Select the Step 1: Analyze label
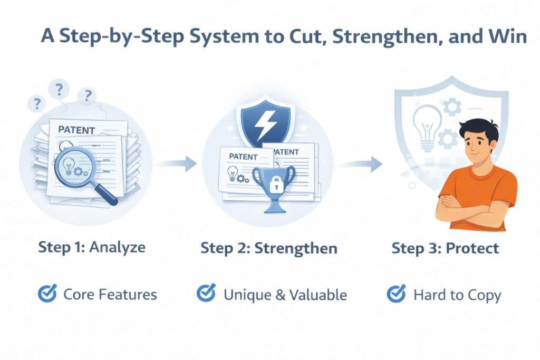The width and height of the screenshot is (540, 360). [92, 247]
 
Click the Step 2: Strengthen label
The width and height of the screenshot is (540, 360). [269, 248]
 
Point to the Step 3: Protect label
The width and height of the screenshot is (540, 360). [445, 248]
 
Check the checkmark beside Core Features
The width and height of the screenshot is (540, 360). [47, 294]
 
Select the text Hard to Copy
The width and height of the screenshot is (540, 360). [457, 295]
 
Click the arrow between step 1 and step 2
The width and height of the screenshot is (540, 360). [176, 164]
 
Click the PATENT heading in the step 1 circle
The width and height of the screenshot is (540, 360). [76, 130]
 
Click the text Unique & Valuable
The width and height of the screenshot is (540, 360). [285, 295]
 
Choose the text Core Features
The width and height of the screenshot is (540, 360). [110, 294]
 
